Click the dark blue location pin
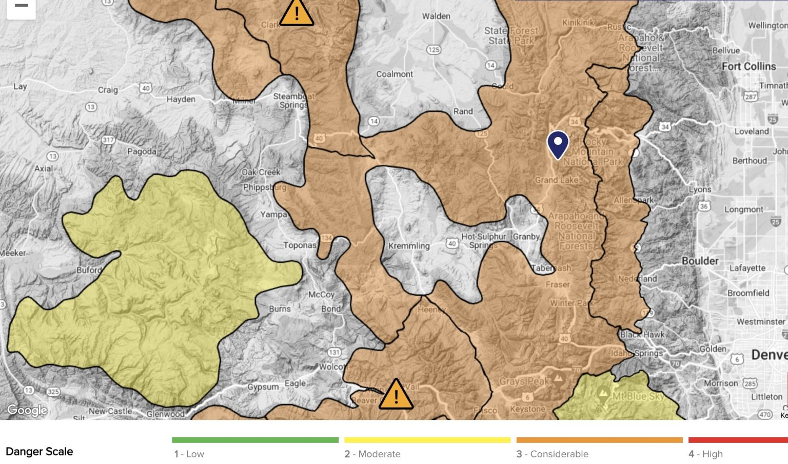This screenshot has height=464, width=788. pyautogui.click(x=558, y=144)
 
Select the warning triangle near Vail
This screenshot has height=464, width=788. pyautogui.click(x=396, y=395)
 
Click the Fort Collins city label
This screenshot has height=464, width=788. pyautogui.click(x=748, y=66)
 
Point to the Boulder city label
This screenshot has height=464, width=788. pyautogui.click(x=700, y=261)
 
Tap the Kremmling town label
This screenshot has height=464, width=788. pyautogui.click(x=408, y=246)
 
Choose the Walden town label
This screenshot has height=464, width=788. pyautogui.click(x=436, y=16)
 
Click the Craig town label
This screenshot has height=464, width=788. pyautogui.click(x=108, y=90)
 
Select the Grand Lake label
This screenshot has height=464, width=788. pyautogui.click(x=556, y=180)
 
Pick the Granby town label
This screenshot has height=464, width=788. pyautogui.click(x=526, y=237)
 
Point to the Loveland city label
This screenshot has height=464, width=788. pyautogui.click(x=752, y=131)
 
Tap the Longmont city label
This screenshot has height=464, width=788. pyautogui.click(x=744, y=209)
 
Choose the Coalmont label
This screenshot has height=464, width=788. pyautogui.click(x=395, y=74)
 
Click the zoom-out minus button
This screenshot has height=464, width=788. pyautogui.click(x=21, y=6)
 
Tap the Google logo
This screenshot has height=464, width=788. pyautogui.click(x=27, y=410)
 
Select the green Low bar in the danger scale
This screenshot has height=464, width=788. pyautogui.click(x=255, y=440)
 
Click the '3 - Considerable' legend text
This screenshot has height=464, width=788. pyautogui.click(x=552, y=454)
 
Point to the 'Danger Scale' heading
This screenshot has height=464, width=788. pyautogui.click(x=40, y=452)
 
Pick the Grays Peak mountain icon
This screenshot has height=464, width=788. pyautogui.click(x=559, y=378)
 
